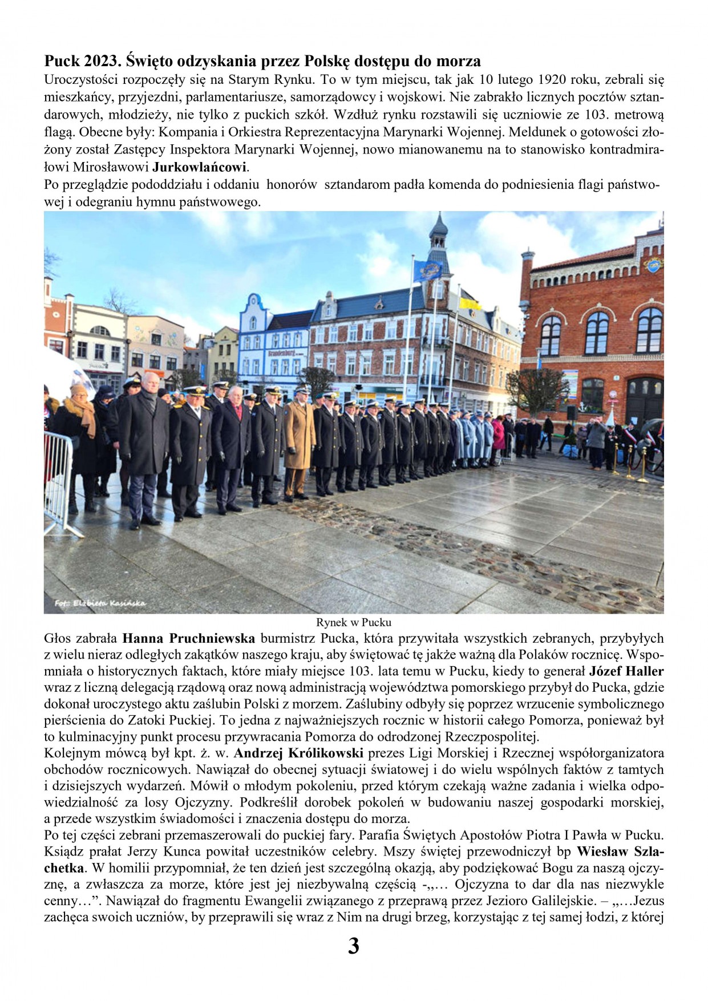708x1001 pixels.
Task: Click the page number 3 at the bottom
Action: (353, 946)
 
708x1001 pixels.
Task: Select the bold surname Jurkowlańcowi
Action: (200, 168)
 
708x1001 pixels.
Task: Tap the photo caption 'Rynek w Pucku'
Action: (354, 622)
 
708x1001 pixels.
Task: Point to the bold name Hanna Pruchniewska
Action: (188, 638)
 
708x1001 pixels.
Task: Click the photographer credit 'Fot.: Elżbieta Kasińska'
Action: (100, 603)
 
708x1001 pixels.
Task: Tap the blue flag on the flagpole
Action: (427, 270)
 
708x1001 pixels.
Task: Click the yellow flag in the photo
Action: (471, 303)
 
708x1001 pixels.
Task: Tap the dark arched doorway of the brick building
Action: (644, 399)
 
